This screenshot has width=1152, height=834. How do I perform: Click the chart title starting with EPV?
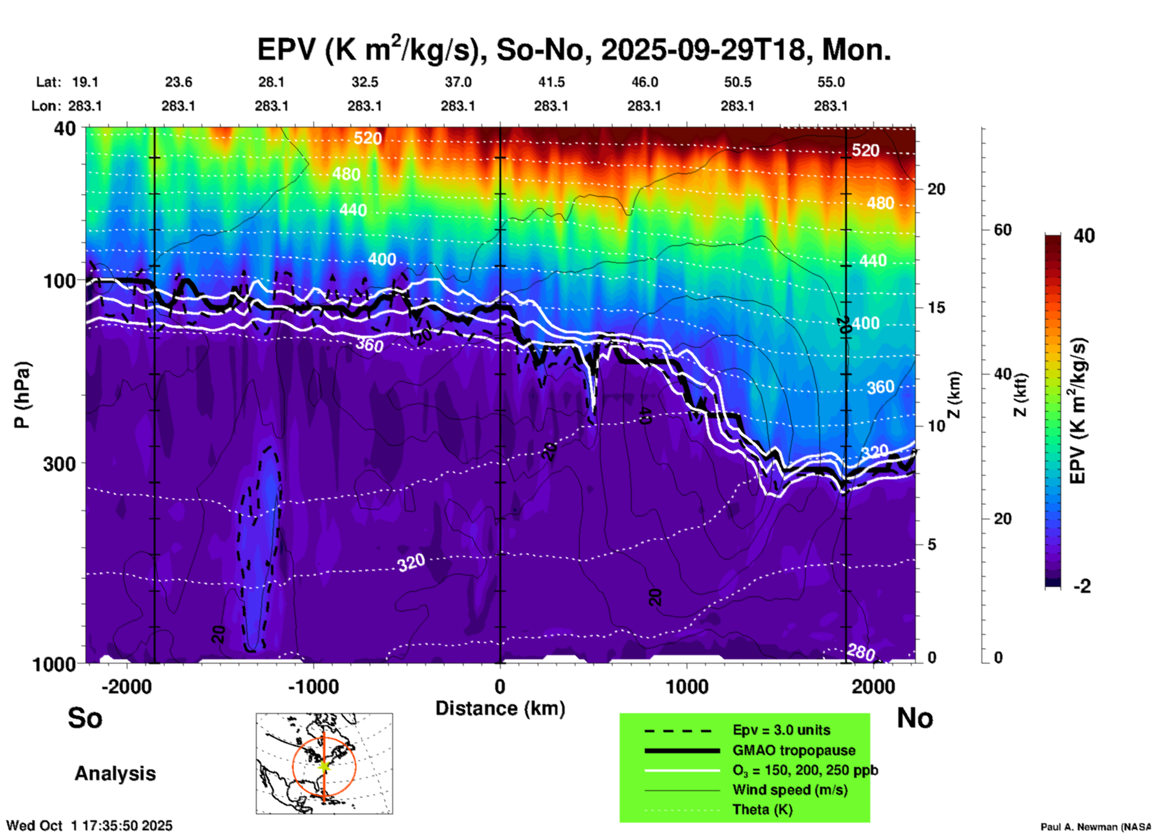pyautogui.click(x=573, y=50)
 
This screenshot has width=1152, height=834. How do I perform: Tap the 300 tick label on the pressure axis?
pyautogui.click(x=59, y=464)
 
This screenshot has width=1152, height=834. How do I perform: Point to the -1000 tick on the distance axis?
pyautogui.click(x=313, y=687)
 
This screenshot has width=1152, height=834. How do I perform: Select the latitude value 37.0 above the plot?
pyautogui.click(x=458, y=83)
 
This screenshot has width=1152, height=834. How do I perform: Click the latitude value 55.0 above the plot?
pyautogui.click(x=831, y=83)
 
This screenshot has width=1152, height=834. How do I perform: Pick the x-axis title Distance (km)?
pyautogui.click(x=500, y=708)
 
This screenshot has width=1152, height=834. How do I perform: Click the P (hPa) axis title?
pyautogui.click(x=22, y=395)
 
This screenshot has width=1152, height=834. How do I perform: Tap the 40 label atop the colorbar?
pyautogui.click(x=1084, y=236)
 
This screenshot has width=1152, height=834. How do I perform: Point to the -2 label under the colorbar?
pyautogui.click(x=1081, y=586)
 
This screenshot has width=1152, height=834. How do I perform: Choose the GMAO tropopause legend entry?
pyautogui.click(x=794, y=750)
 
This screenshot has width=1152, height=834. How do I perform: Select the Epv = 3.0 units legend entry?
pyautogui.click(x=781, y=730)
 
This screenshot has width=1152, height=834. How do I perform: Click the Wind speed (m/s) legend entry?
pyautogui.click(x=790, y=790)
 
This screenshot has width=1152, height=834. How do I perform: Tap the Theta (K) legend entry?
pyautogui.click(x=762, y=810)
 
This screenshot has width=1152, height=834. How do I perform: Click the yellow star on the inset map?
pyautogui.click(x=324, y=766)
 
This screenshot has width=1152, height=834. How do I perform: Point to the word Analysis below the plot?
pyautogui.click(x=115, y=774)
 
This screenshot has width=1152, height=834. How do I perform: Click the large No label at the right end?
pyautogui.click(x=915, y=719)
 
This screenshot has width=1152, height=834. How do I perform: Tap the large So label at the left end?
pyautogui.click(x=85, y=718)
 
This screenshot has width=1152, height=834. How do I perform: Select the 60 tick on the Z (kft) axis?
pyautogui.click(x=1002, y=230)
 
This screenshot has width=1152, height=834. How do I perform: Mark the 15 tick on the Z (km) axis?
pyautogui.click(x=936, y=308)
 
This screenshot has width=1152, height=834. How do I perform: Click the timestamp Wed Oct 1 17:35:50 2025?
pyautogui.click(x=90, y=826)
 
